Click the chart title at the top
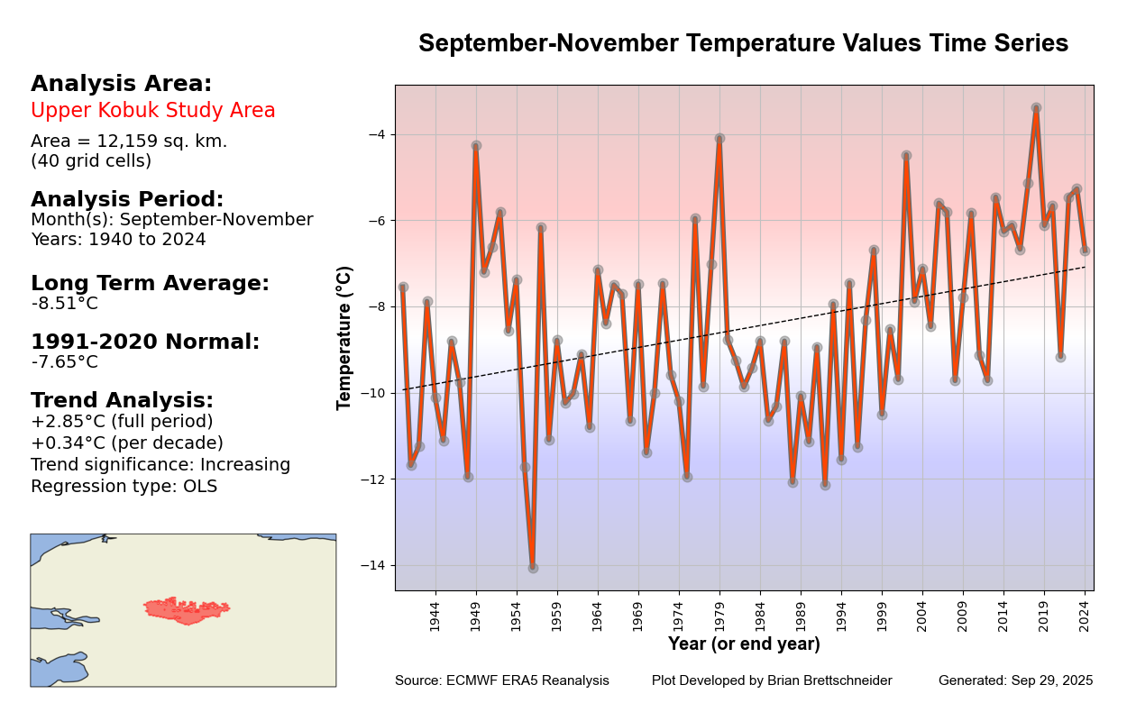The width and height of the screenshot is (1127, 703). (743, 43)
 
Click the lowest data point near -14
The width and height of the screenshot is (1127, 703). (533, 568)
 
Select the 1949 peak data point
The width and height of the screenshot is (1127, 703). (476, 145)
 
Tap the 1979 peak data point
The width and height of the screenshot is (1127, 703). (719, 138)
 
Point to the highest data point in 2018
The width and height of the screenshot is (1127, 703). (1036, 107)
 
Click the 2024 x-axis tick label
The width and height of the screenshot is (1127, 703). (1085, 616)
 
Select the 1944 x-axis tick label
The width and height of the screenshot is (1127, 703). (435, 616)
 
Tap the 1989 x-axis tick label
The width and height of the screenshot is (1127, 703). (801, 616)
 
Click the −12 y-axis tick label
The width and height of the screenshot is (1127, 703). (371, 479)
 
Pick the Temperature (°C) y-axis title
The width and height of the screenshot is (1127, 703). (344, 338)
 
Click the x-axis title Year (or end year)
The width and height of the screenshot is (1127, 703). (744, 644)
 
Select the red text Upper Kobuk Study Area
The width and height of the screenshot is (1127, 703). (153, 111)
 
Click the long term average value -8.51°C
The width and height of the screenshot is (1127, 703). (65, 304)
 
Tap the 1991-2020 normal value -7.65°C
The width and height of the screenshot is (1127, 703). (65, 362)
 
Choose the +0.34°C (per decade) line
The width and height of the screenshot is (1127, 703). (127, 443)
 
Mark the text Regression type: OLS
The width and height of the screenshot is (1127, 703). (124, 487)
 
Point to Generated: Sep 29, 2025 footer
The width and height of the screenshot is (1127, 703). (1015, 680)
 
